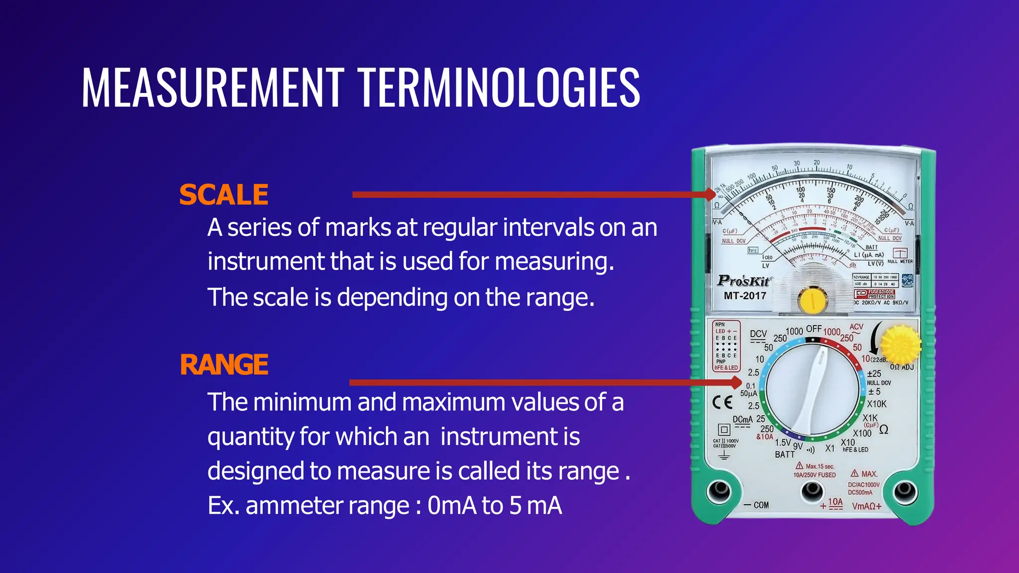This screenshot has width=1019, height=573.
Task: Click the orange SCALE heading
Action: [223, 194]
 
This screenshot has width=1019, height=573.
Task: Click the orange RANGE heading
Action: [224, 365]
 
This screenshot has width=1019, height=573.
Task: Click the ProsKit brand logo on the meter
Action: [744, 281]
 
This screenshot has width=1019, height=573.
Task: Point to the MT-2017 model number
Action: [745, 296]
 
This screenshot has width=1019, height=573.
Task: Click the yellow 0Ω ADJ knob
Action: [900, 344]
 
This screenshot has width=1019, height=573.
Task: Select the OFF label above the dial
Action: [814, 329]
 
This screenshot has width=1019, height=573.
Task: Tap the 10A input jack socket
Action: [812, 491]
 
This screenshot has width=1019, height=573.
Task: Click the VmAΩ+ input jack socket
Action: [905, 491]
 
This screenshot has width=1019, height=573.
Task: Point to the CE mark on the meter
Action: [722, 402]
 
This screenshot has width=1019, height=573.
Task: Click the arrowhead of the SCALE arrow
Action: [711, 194]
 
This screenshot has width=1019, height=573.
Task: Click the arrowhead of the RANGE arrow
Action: [735, 382]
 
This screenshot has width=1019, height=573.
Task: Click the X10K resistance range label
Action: [876, 404]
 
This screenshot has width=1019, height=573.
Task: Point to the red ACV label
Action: [856, 327]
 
